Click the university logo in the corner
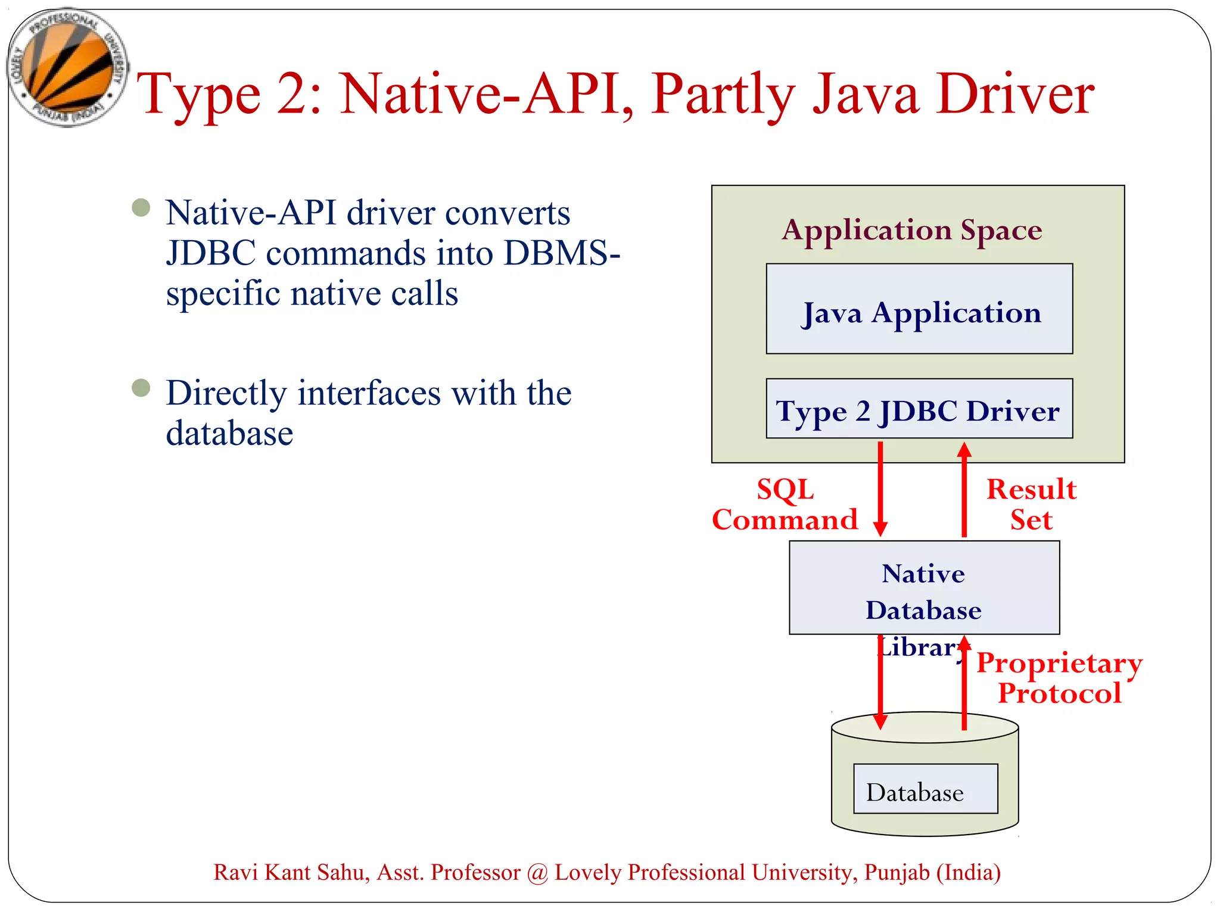pyautogui.click(x=67, y=67)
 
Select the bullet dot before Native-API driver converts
pyautogui.click(x=141, y=208)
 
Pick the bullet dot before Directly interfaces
pyautogui.click(x=141, y=388)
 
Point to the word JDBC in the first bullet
pyautogui.click(x=211, y=253)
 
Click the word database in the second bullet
pyautogui.click(x=229, y=433)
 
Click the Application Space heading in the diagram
pyautogui.click(x=912, y=230)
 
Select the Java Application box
pyautogui.click(x=919, y=309)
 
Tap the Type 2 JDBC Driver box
pyautogui.click(x=919, y=409)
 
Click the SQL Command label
pyautogui.click(x=785, y=505)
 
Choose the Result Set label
pyautogui.click(x=1031, y=505)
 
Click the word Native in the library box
pyautogui.click(x=923, y=574)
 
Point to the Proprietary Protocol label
pyautogui.click(x=1059, y=678)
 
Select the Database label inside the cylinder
pyautogui.click(x=914, y=792)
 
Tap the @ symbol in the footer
pyautogui.click(x=537, y=873)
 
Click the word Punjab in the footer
pyautogui.click(x=897, y=873)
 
